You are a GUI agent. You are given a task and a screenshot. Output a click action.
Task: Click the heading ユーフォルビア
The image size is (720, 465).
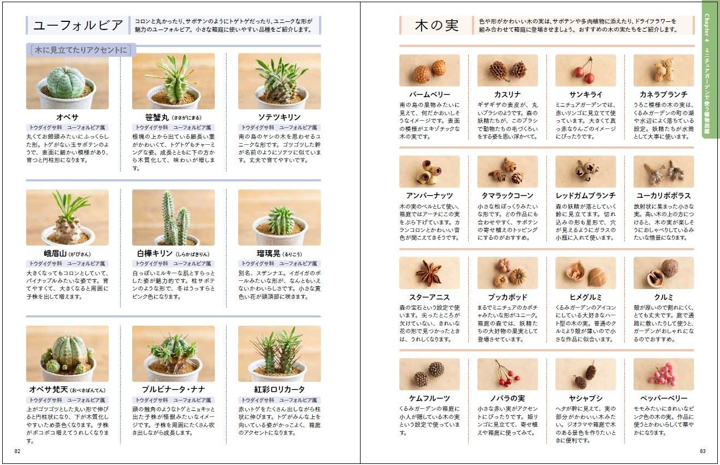pos(78,25)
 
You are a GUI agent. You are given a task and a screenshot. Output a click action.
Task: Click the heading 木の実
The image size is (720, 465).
pos(436,25)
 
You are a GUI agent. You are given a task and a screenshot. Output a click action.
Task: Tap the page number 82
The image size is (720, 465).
pos(17,451)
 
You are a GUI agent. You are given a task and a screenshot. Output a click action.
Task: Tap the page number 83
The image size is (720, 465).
pos(703,451)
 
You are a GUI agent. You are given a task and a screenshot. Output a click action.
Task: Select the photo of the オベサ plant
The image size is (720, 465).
pos(67,81)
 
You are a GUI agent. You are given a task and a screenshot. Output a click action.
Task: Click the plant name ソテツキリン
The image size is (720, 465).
pos(279,117)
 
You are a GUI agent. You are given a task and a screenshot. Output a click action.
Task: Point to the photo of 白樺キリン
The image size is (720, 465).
pos(173,217)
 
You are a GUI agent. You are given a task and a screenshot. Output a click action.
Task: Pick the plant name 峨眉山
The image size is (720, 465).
pos(55,254)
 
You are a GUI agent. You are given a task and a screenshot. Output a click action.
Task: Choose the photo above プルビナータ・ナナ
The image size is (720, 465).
pos(173,354)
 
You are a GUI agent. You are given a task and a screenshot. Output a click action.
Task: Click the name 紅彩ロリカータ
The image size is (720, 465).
pos(279,390)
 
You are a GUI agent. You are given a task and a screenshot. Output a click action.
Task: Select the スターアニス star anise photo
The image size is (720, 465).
pos(429,273)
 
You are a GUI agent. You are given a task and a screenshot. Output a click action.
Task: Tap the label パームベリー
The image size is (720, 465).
pos(429,95)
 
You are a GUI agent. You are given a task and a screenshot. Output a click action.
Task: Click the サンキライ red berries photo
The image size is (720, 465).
pos(586,70)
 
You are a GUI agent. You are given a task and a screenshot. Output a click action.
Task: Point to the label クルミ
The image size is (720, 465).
pos(663,297)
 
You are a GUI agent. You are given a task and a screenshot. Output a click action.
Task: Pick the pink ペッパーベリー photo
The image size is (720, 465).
pos(663,374)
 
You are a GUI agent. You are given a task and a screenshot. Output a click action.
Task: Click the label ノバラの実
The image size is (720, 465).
pos(507,398)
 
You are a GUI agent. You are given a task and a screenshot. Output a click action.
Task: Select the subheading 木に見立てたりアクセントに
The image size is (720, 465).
pos(81,50)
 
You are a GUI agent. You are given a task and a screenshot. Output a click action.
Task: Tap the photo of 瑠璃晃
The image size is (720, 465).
pos(279,217)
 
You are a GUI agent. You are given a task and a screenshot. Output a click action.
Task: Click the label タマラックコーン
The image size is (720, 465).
pos(507,196)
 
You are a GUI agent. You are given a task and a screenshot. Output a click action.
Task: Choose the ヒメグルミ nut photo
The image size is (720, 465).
pos(586,273)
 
